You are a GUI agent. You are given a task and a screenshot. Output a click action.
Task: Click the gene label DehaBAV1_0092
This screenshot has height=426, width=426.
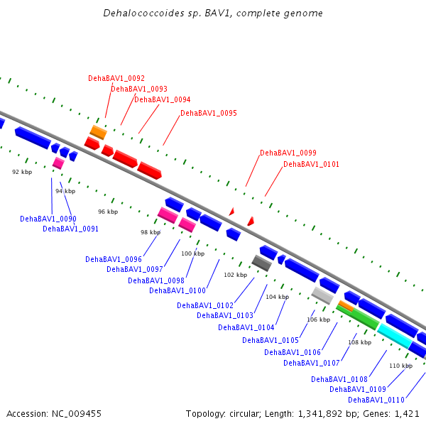pyautogui.click(x=116, y=78)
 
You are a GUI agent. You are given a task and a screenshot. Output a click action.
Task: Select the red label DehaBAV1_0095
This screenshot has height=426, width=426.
pyautogui.click(x=209, y=113)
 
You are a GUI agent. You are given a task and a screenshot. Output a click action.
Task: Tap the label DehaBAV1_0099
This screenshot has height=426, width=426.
pyautogui.click(x=288, y=153)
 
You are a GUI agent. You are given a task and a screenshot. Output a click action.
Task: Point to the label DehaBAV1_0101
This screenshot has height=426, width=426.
pyautogui.click(x=311, y=164)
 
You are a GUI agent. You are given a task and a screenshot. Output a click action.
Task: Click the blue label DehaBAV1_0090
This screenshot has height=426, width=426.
pyautogui.click(x=48, y=219)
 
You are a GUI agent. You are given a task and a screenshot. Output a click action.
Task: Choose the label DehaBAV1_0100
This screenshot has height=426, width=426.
pyautogui.click(x=177, y=290)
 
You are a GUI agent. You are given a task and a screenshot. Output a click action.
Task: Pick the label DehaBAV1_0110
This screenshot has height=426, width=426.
pyautogui.click(x=376, y=400)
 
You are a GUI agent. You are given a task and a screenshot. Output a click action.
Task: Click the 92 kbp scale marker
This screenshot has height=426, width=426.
pyautogui.click(x=22, y=172)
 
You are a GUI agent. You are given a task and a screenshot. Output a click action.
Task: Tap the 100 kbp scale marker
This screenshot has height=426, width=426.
pyautogui.click(x=192, y=253)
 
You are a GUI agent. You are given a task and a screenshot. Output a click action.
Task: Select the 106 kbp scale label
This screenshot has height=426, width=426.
pyautogui.click(x=318, y=319)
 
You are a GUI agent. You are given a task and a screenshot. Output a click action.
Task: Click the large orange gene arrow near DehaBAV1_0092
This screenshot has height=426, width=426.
pyautogui.click(x=98, y=132)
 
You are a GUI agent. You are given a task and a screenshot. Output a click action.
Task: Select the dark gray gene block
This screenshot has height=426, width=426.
pyautogui.click(x=262, y=263)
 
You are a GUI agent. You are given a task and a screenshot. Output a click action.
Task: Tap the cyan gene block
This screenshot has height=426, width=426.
pyautogui.click(x=394, y=335)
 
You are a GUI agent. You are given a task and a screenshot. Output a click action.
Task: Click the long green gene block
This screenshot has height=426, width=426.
pyautogui.click(x=359, y=317)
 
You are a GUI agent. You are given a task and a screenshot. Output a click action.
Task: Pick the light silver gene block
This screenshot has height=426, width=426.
pyautogui.click(x=322, y=295)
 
